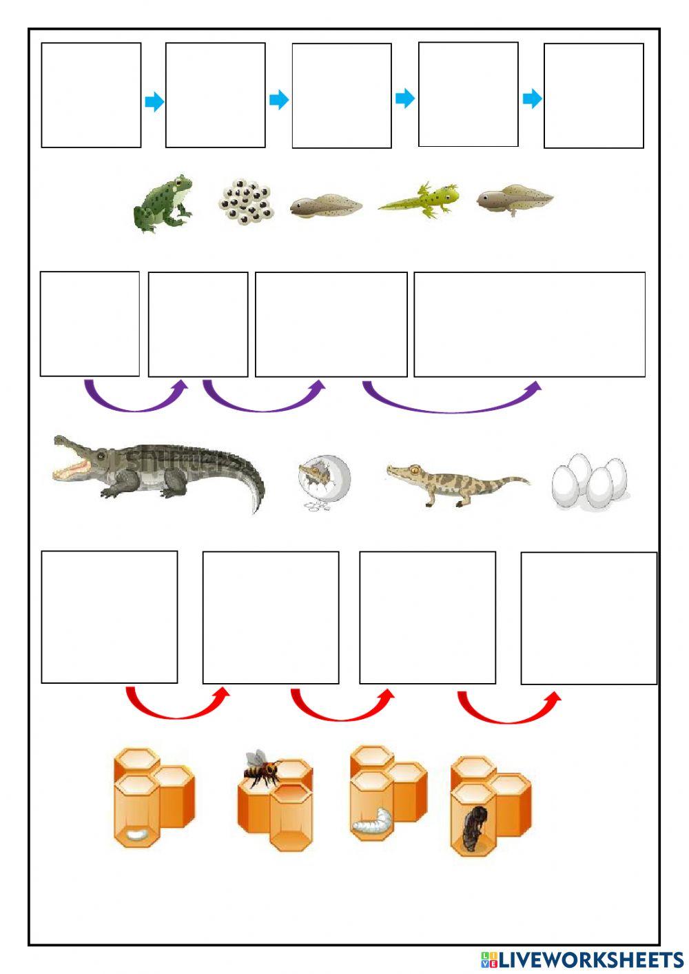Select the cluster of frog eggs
point(247,201)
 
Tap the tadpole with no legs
point(325,205)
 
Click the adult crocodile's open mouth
point(73,463)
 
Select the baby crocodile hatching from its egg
point(324,479)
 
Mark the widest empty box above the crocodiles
point(529,324)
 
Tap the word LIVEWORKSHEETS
point(591,959)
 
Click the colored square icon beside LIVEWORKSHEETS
point(489,959)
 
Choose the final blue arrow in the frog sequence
point(532,99)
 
